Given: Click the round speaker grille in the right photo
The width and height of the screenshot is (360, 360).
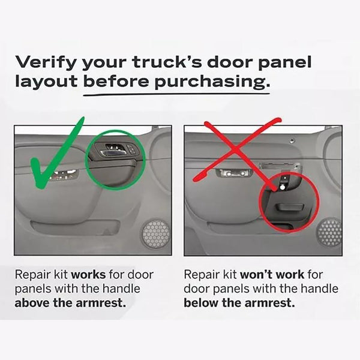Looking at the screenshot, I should click(329, 232).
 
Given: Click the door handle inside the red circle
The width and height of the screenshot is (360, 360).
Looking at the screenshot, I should click(288, 208).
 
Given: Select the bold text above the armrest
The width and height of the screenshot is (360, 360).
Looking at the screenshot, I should click(70, 302).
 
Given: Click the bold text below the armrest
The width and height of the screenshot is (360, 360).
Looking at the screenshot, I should click(239, 302).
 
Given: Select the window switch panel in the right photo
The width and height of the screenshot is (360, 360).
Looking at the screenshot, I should click(233, 173).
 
